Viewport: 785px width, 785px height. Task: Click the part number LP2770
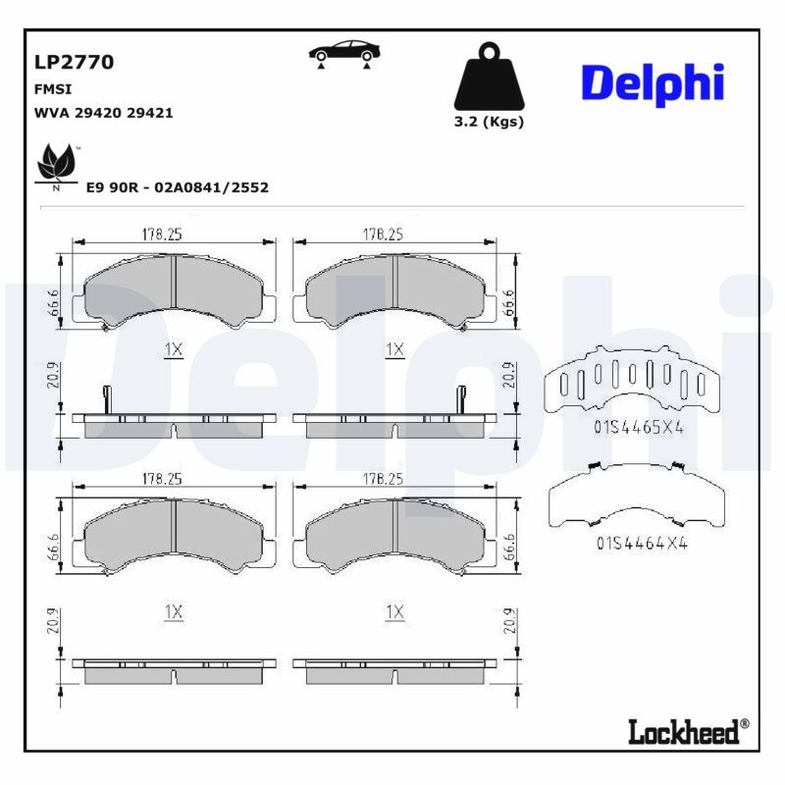[74, 62]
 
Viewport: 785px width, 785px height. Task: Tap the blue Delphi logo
[652, 84]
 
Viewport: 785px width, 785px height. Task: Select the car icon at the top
[343, 53]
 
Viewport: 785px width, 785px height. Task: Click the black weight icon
[488, 78]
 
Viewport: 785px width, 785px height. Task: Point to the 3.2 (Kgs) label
[488, 123]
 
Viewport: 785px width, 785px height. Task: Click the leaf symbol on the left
[57, 163]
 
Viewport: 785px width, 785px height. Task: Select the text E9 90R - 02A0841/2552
[177, 186]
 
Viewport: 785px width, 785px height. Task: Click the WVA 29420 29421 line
[103, 113]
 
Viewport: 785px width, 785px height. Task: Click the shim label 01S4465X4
[638, 428]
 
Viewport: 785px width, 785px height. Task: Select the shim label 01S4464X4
[642, 542]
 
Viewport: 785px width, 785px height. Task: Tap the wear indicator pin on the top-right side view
[459, 398]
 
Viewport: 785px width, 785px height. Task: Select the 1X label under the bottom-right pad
[394, 611]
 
